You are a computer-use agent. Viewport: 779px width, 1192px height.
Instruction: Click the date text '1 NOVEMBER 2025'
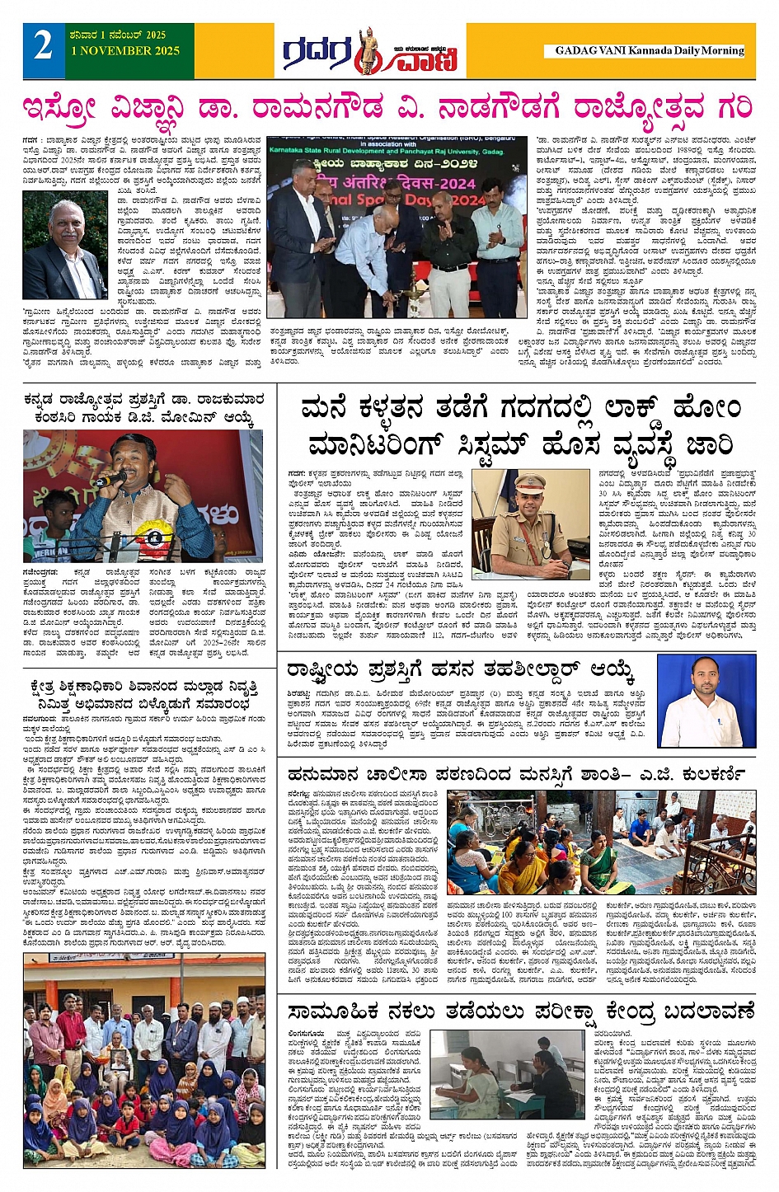pyautogui.click(x=125, y=51)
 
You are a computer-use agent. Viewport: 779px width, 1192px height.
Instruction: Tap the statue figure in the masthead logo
pyautogui.click(x=366, y=51)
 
